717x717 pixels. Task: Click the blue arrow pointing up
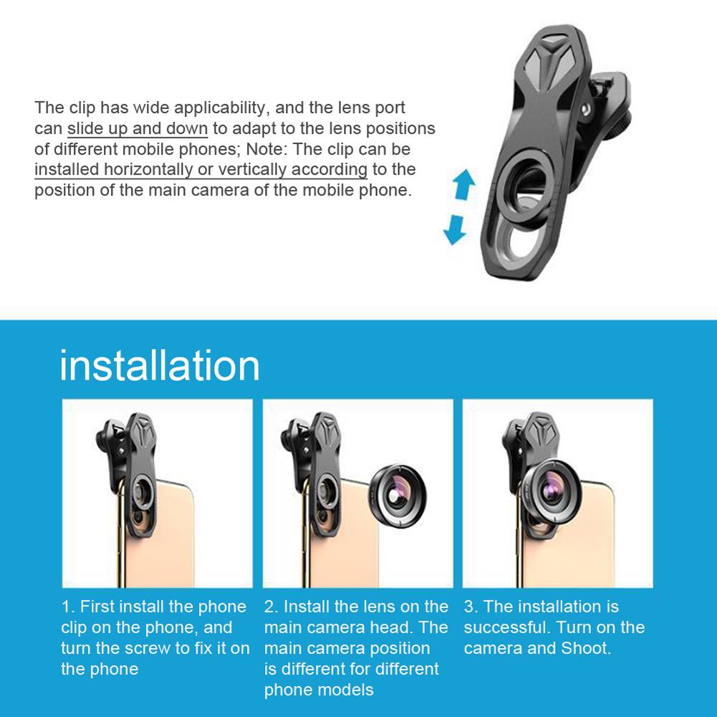click(464, 184)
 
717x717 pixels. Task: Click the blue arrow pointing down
click(455, 229)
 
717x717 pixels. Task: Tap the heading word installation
click(160, 365)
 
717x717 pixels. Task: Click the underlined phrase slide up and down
click(138, 129)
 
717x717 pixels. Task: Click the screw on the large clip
click(585, 110)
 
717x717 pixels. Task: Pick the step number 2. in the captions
click(271, 607)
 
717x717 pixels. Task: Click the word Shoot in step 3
click(586, 648)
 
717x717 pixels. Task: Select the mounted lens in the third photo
click(552, 490)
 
